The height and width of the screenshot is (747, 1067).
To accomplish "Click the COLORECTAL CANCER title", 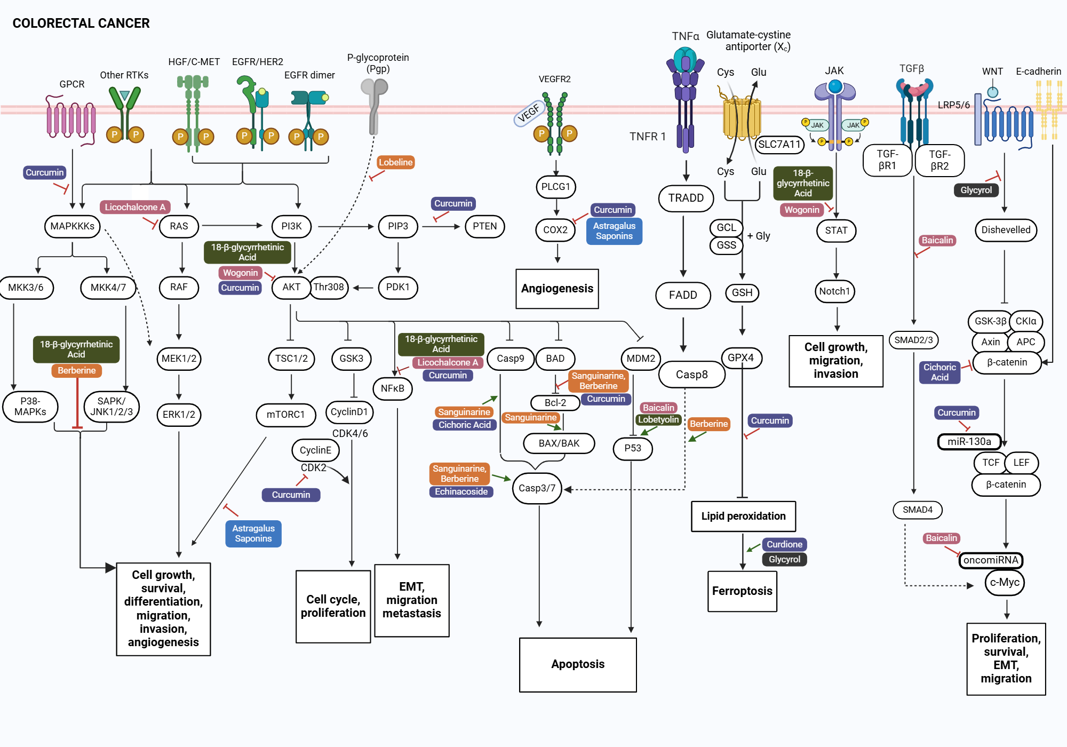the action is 81,23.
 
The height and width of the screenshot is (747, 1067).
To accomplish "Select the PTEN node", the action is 484,226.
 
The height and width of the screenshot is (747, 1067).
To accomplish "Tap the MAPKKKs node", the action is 73,226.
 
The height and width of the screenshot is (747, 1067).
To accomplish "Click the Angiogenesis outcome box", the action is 557,289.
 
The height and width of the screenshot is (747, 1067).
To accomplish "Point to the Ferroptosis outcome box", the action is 742,591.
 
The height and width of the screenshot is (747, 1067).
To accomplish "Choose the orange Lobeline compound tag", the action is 396,162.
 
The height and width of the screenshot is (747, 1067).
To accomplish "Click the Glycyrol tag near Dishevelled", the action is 976,190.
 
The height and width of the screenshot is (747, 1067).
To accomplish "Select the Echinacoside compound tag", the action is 461,491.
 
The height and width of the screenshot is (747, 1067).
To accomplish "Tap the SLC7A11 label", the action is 779,144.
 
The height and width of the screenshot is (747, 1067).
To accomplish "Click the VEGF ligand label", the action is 528,114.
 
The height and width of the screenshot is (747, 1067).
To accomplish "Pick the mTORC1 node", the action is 285,415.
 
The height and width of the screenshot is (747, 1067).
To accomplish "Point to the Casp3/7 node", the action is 537,488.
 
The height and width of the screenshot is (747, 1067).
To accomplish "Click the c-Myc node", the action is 1005,582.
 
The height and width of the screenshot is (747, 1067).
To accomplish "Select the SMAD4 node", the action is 918,510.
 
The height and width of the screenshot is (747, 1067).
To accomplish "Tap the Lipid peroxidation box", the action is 743,516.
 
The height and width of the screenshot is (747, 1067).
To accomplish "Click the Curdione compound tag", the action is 784,544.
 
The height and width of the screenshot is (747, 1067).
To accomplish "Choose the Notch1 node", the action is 834,291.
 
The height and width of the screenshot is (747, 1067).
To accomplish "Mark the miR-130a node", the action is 969,442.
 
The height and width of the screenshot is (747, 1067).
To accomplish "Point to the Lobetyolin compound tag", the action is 658,419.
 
